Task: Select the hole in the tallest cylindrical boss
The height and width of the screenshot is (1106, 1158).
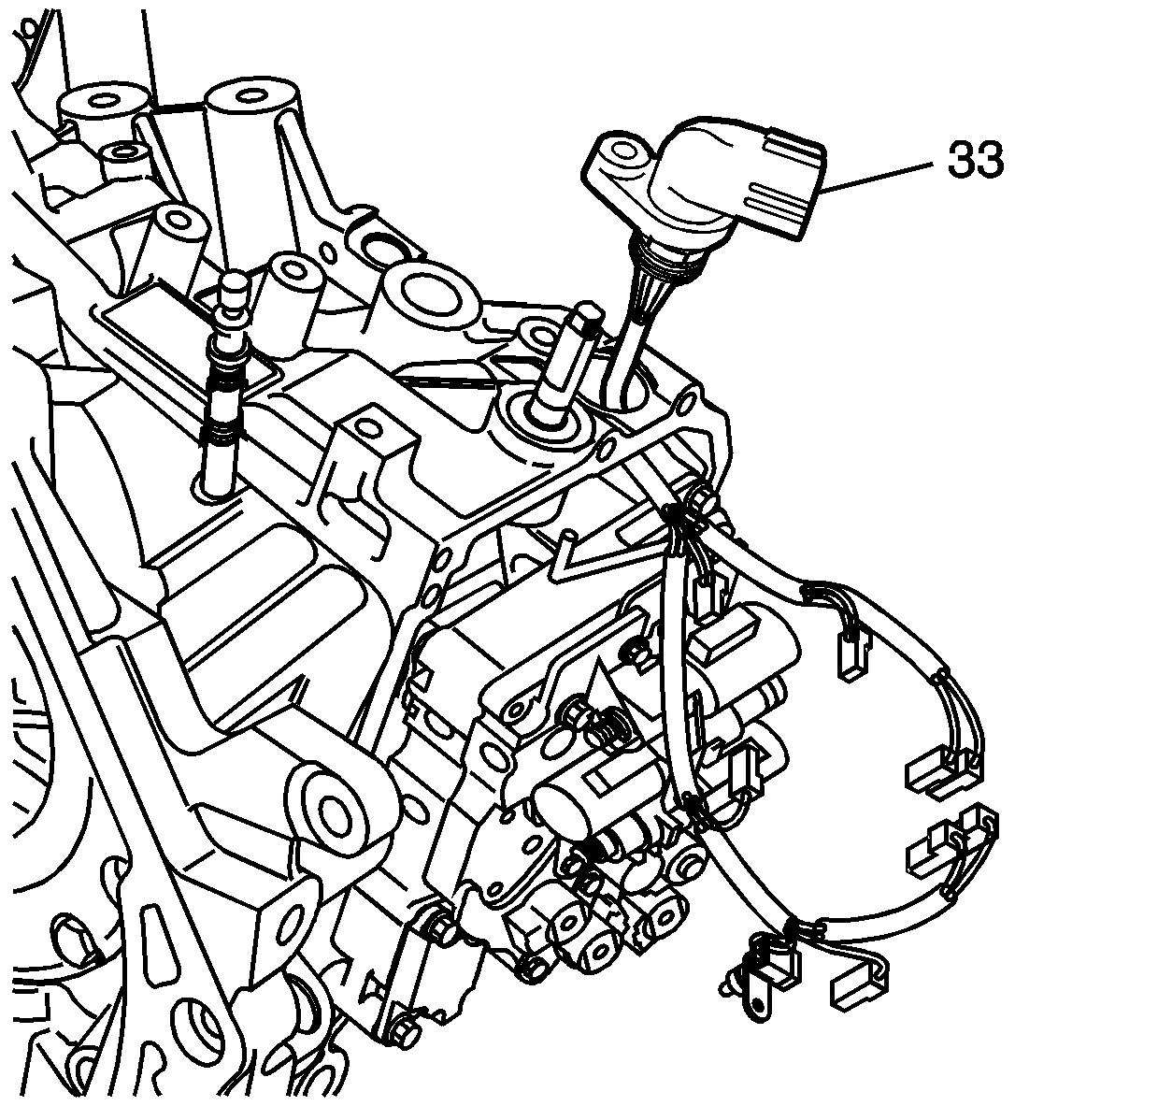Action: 251,95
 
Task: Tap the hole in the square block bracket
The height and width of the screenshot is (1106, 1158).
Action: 368,428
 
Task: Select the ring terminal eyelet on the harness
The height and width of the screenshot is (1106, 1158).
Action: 756,1007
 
